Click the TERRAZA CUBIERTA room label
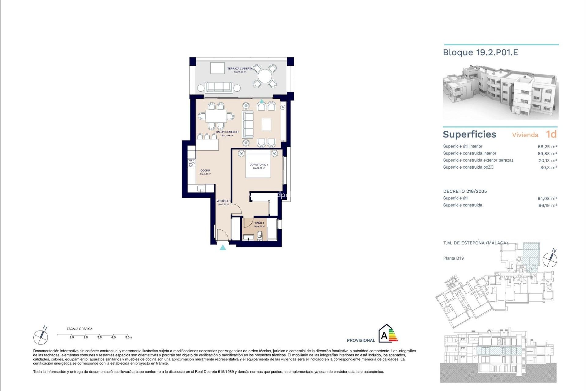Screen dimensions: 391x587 point(240,69)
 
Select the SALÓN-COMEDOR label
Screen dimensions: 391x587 point(227,132)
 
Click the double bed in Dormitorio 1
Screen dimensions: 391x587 point(258,164)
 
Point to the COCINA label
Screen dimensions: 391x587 point(205,170)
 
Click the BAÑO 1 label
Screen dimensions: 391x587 point(259,223)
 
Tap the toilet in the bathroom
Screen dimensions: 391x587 point(260,235)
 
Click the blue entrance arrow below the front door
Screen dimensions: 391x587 point(223,247)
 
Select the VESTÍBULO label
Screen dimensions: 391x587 point(223,201)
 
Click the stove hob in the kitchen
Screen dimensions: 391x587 point(192,163)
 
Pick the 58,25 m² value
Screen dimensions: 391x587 point(547,147)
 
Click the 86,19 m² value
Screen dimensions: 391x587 point(548,206)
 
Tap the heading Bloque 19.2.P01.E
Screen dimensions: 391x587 point(481,53)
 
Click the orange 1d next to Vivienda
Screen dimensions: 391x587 point(551,134)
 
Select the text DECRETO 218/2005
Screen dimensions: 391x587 point(465,191)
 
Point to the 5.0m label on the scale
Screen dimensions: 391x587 point(128,337)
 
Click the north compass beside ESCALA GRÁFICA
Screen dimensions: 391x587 point(41,337)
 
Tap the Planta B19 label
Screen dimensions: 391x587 point(453,258)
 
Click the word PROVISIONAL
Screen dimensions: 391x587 point(361,340)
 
